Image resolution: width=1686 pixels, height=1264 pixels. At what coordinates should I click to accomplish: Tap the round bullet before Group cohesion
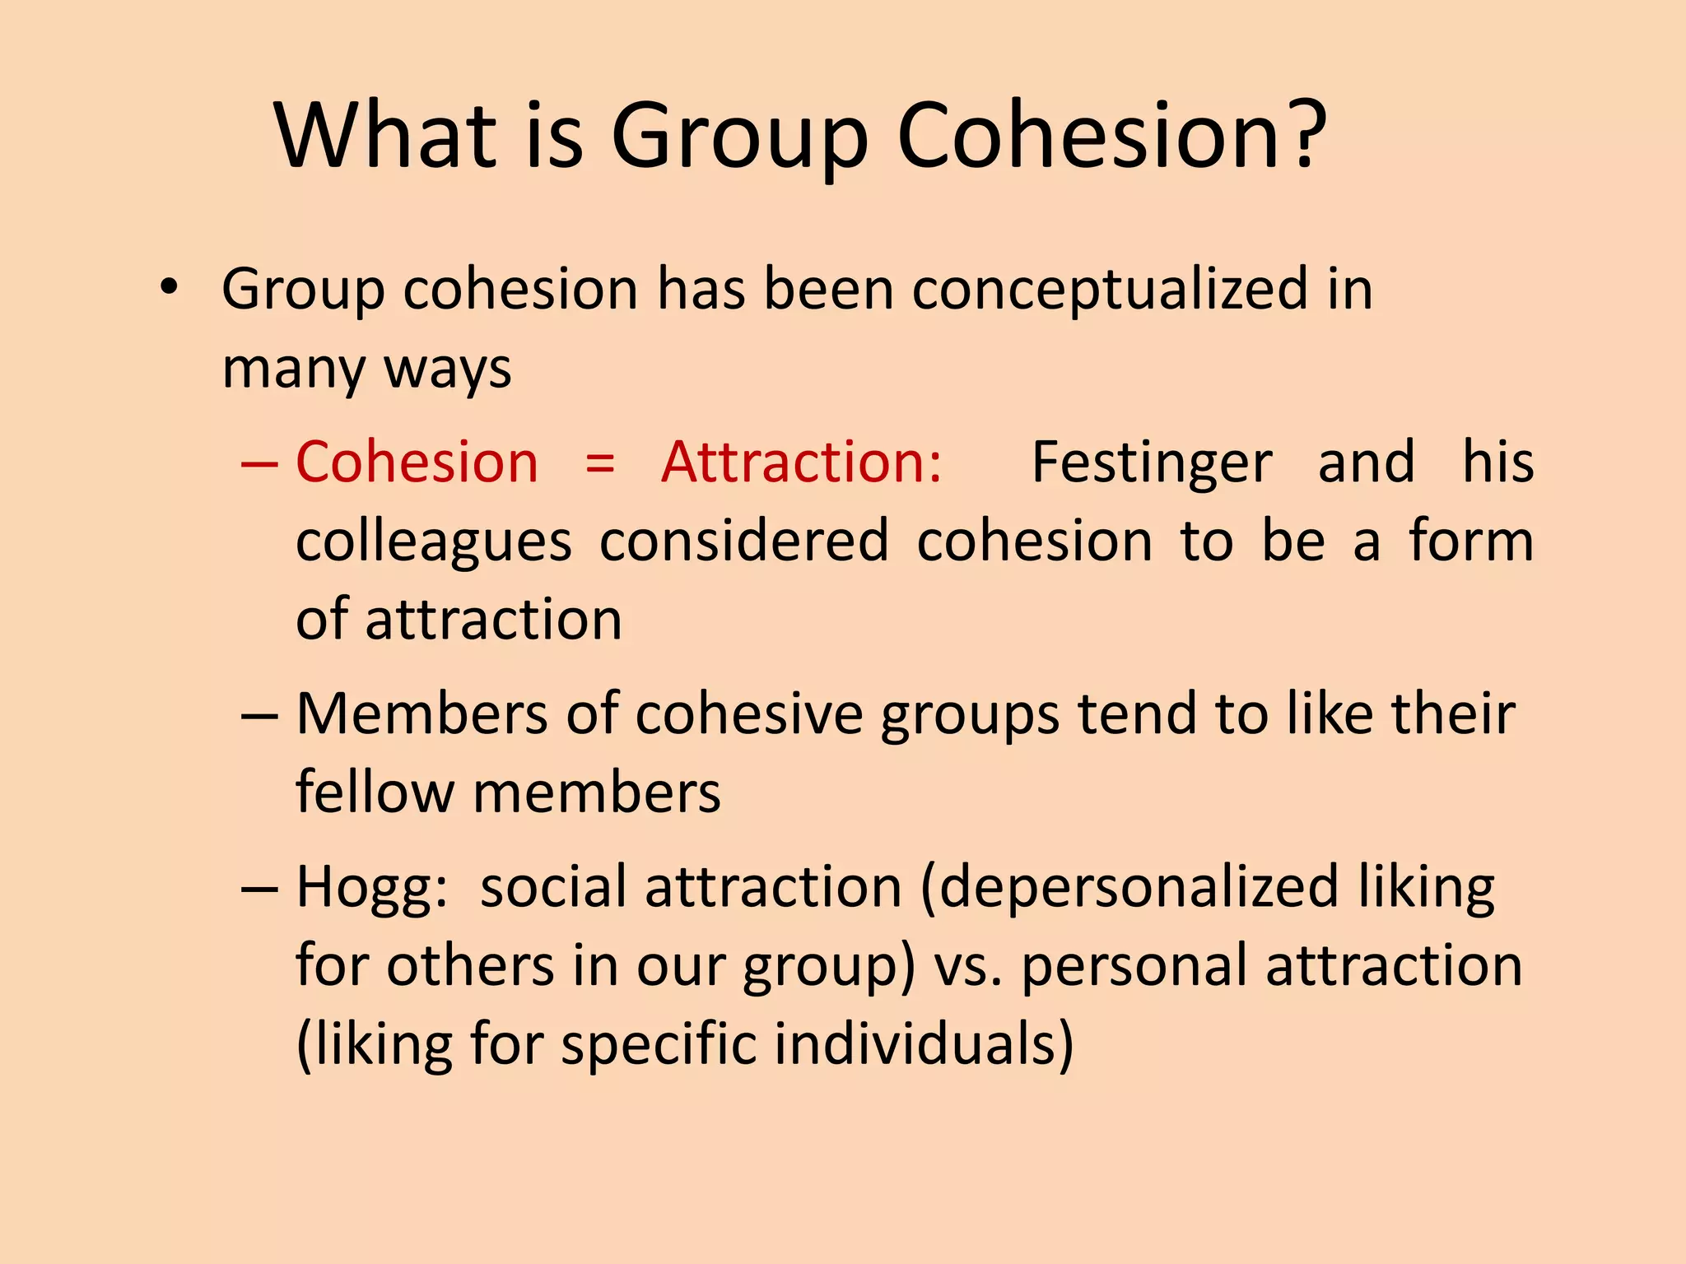(169, 287)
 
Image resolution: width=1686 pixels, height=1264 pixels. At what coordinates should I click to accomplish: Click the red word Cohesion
(417, 462)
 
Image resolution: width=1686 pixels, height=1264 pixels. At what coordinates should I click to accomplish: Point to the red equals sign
(599, 463)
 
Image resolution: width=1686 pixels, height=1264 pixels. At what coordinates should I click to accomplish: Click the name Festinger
(1152, 463)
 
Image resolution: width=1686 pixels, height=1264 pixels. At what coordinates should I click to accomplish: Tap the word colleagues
(433, 542)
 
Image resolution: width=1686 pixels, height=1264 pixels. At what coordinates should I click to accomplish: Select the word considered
(743, 541)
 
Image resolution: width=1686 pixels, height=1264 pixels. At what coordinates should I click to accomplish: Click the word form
(1470, 541)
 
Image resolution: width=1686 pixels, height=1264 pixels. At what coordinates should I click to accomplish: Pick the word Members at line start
(420, 713)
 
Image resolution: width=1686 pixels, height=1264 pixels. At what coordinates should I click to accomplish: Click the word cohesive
(748, 713)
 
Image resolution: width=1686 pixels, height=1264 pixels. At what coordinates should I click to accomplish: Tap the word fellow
(375, 792)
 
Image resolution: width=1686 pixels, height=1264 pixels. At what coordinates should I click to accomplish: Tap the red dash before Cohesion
(258, 463)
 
